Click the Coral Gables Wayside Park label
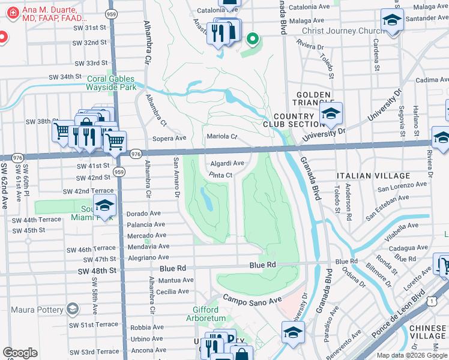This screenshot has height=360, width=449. coord(112,83)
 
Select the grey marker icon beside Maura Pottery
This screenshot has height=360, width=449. coord(73,309)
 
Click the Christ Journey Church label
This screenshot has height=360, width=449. coord(343,32)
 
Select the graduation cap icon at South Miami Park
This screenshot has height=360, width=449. coord(104,208)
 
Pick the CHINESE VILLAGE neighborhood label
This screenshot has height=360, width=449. coord(428,332)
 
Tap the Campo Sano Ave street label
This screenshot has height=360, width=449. coord(252,299)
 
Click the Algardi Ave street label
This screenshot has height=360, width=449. coord(227,163)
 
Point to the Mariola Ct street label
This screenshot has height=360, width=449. coord(223,137)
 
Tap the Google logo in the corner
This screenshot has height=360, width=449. coord(20,353)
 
